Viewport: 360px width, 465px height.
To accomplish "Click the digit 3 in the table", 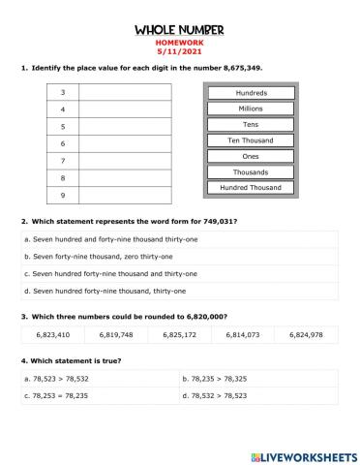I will point(62,92).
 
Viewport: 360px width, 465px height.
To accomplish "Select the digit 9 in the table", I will point(62,197).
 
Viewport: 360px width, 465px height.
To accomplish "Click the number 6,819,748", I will point(115,334).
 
